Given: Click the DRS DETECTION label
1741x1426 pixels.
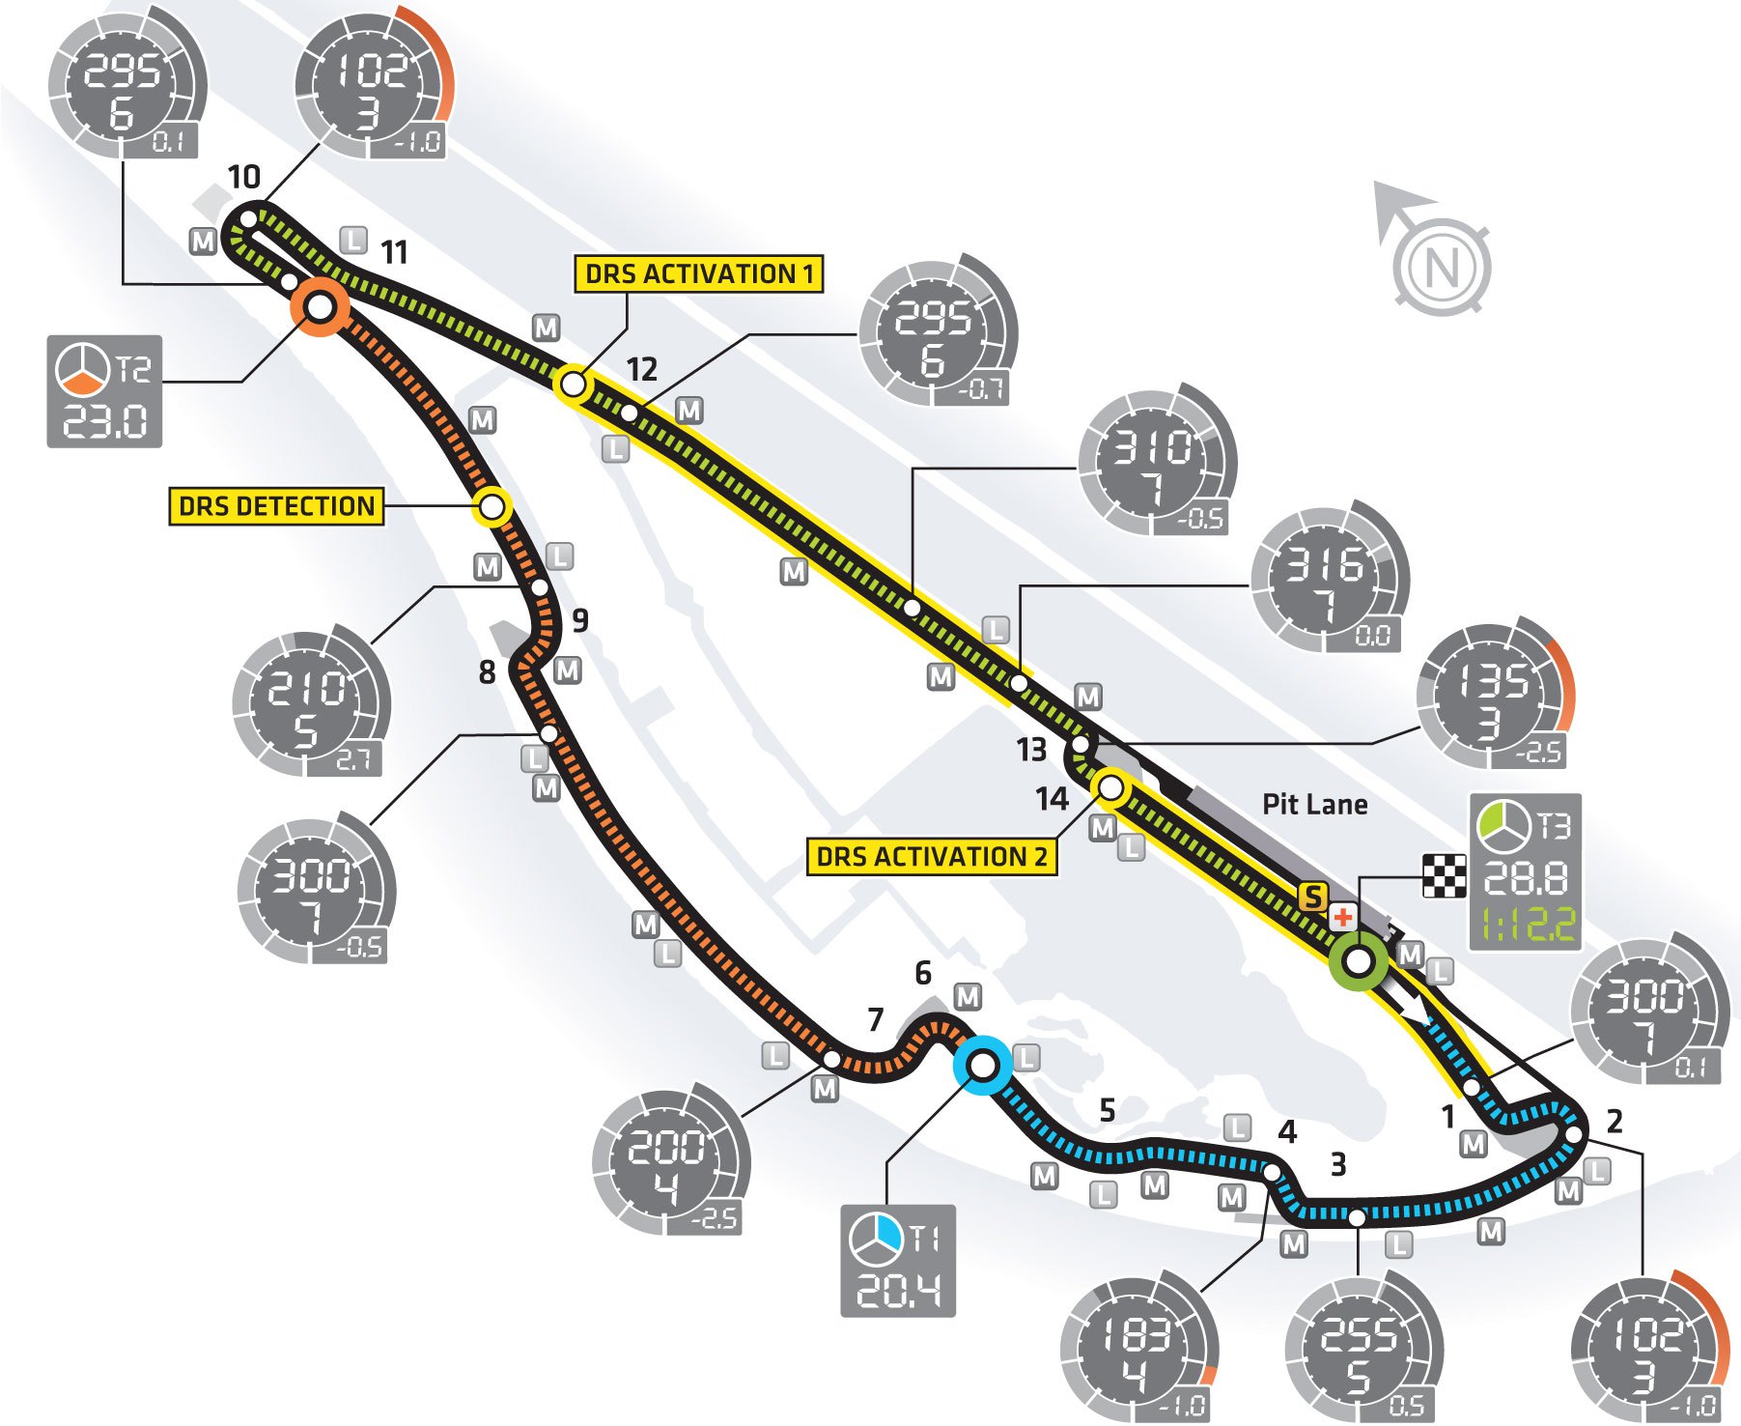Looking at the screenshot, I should [x=276, y=506].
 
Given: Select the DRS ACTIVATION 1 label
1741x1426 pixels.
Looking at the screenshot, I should [x=698, y=273].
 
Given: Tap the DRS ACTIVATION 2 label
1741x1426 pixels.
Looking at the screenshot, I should [x=931, y=857].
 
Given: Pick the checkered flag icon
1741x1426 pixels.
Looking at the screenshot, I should [x=1444, y=876].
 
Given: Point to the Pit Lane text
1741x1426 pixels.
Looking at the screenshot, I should [x=1314, y=805].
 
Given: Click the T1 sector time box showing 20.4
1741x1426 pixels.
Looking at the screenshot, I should [x=898, y=1261].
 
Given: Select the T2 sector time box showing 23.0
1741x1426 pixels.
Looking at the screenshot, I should [x=104, y=391].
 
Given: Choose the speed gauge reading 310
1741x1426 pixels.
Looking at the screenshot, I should [x=1155, y=463].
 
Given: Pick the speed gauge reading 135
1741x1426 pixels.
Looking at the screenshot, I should [x=1493, y=694].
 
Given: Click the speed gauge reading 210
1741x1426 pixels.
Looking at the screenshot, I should [x=309, y=702].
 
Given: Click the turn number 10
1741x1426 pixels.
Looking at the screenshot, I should [x=243, y=177].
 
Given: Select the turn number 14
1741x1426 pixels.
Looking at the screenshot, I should [x=1052, y=799].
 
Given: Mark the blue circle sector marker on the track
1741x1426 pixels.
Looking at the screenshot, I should [x=982, y=1066].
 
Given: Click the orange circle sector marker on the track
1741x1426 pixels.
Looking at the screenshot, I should [x=320, y=307].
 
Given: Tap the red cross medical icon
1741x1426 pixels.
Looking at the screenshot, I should [x=1342, y=917].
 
